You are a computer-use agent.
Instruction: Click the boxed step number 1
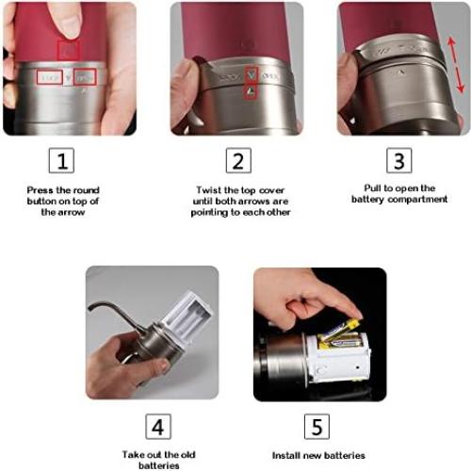click(x=62, y=160)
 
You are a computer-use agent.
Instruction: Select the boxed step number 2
click(x=237, y=160)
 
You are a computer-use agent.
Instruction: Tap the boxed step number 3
click(x=399, y=160)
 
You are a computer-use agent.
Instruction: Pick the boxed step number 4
click(x=157, y=426)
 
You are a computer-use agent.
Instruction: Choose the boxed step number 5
click(x=317, y=426)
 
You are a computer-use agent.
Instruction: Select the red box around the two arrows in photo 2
click(x=250, y=82)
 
